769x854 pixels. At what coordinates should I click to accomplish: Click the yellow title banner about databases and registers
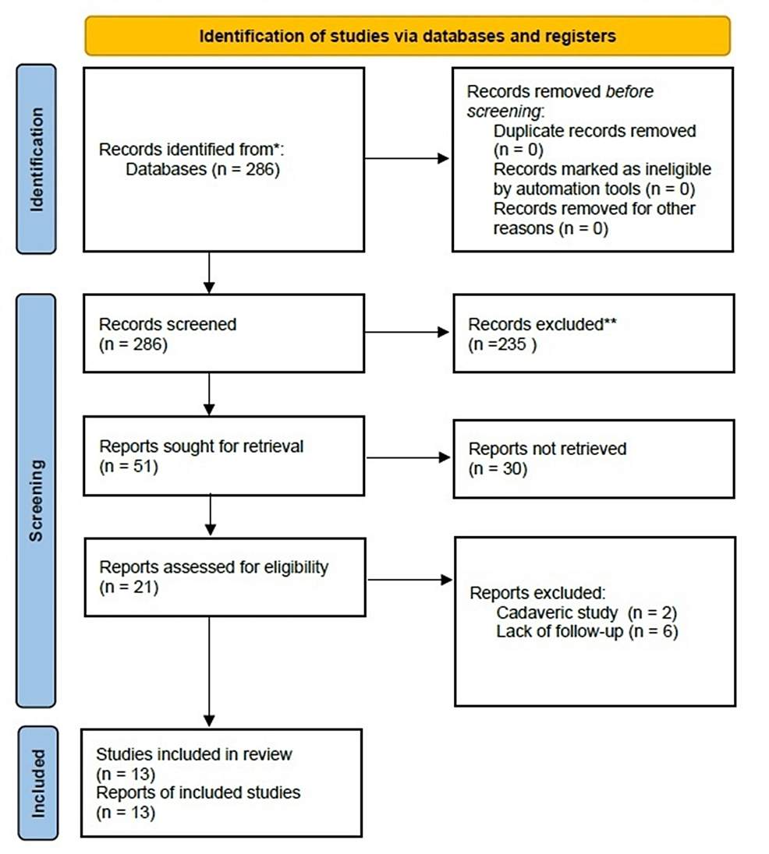pyautogui.click(x=407, y=36)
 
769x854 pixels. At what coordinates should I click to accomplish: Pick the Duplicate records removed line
pyautogui.click(x=594, y=131)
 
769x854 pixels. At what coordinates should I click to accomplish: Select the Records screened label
pyautogui.click(x=167, y=324)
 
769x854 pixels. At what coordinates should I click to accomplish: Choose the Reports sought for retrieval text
pyautogui.click(x=201, y=447)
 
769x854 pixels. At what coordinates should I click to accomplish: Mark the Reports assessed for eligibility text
pyautogui.click(x=214, y=568)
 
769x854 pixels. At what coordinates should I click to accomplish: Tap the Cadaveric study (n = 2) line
pyautogui.click(x=586, y=612)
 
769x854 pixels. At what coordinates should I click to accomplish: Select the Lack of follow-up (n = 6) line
pyautogui.click(x=586, y=631)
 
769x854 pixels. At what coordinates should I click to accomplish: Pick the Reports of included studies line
pyautogui.click(x=198, y=793)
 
